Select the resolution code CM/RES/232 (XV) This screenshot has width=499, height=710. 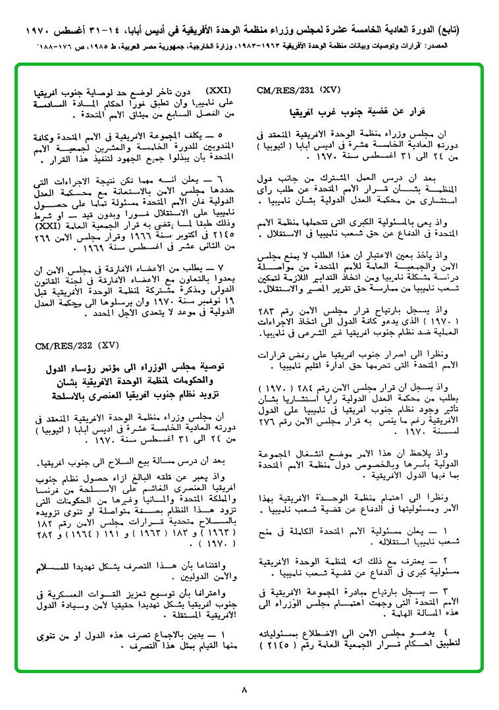tap(77, 344)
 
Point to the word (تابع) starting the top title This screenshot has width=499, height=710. tap(468, 31)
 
